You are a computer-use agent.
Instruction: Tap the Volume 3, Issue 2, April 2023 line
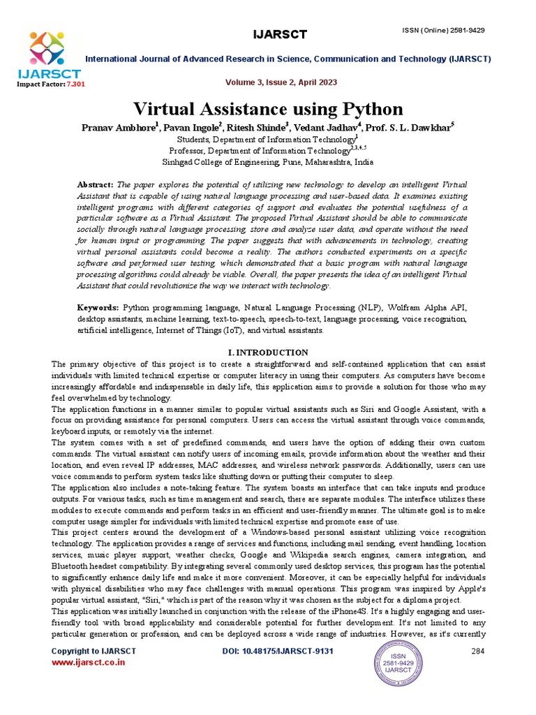click(281, 82)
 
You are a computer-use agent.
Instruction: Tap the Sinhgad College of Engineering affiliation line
click(267, 161)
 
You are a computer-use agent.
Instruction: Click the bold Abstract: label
click(95, 184)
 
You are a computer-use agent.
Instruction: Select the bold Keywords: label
click(98, 307)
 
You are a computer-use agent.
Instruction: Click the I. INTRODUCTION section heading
click(269, 353)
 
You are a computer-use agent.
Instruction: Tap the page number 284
click(478, 651)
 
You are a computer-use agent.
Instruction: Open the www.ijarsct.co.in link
click(89, 662)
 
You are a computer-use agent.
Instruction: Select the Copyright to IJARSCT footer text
click(94, 651)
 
